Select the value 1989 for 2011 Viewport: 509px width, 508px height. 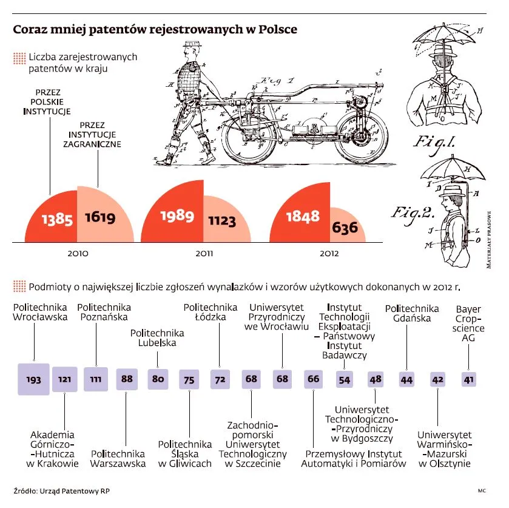coord(177,216)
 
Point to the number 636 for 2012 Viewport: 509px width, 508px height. coord(345,229)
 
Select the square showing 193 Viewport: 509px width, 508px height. coord(33,379)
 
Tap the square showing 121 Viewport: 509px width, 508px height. coord(65,379)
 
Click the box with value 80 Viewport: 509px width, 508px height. coord(158,379)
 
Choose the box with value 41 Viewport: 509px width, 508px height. coord(468,379)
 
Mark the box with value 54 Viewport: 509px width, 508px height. coord(344,379)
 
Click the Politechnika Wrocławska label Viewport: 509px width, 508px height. coord(40,312)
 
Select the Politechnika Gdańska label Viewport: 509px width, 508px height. coord(412,313)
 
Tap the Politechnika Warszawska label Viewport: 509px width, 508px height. coord(118,458)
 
